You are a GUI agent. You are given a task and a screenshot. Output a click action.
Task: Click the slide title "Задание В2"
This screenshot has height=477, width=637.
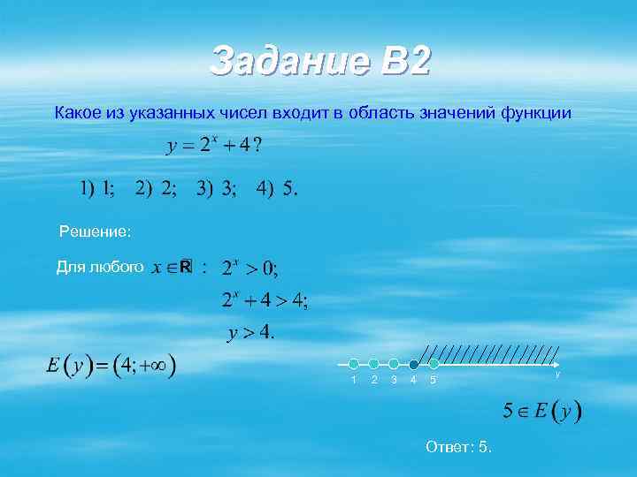coord(319,61)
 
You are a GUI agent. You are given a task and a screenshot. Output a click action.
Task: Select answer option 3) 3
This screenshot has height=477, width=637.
coord(217,189)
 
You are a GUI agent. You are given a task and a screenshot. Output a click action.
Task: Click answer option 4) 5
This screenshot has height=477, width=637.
coord(278,189)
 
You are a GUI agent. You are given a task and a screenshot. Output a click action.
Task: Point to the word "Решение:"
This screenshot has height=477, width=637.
coord(95,232)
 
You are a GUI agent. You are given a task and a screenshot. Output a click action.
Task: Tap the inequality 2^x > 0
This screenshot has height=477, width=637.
coord(249,267)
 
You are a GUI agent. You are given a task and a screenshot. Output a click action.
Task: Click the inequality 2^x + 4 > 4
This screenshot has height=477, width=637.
coord(264,301)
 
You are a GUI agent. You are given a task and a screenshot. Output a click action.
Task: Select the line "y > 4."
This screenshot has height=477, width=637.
coord(252,333)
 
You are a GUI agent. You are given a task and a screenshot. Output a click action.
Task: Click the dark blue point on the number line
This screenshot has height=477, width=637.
coord(413,364)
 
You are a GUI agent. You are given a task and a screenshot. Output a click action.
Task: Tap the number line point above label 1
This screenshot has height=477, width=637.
coord(354,364)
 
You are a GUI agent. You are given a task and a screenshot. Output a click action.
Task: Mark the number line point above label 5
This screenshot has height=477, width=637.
coord(434,364)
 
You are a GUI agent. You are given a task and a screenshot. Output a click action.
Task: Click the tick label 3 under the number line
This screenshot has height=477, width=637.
coord(394,380)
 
